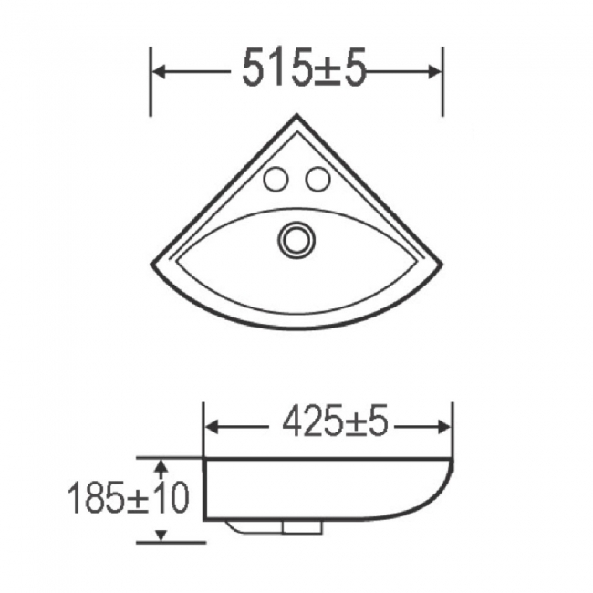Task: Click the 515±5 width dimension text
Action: pos(304,69)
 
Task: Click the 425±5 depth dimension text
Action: pos(335,422)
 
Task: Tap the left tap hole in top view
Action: pos(275,180)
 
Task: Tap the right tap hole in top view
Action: pos(317,180)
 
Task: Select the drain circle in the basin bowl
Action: pos(295,239)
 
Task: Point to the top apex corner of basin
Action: pos(296,116)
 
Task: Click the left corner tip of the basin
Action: pos(153,265)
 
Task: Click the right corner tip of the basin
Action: pos(441,265)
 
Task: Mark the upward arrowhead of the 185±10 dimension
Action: pos(161,464)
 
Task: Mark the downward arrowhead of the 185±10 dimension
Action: pos(161,536)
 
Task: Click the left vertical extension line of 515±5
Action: pos(151,82)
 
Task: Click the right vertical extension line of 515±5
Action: pos(442,82)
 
